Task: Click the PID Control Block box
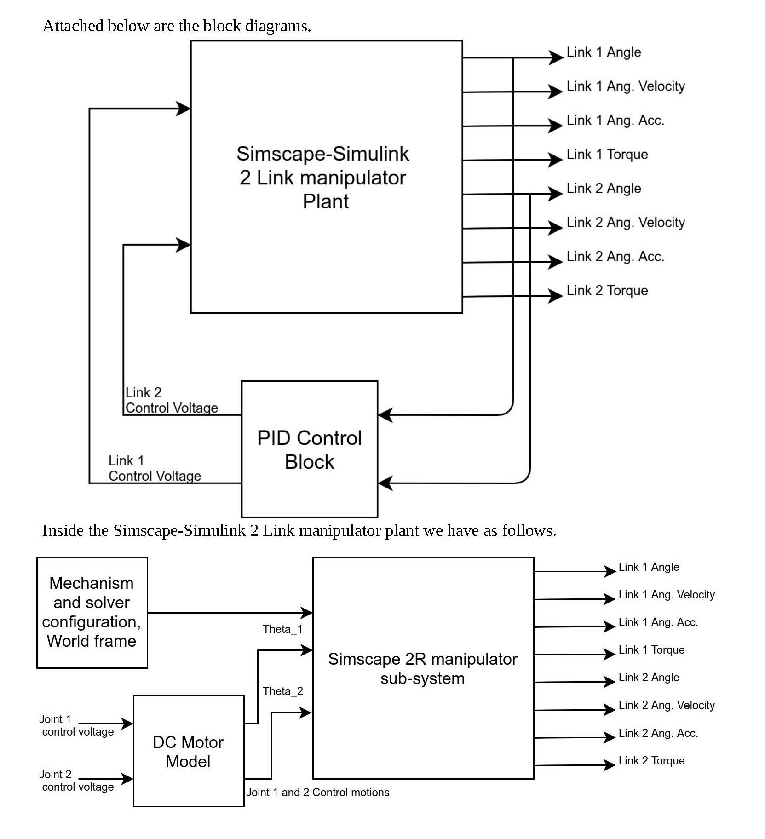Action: point(310,449)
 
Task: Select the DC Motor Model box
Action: point(188,752)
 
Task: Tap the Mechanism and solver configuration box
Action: point(92,612)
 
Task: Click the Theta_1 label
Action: point(282,629)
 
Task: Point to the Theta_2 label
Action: point(282,691)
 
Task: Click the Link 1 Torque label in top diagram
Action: point(607,155)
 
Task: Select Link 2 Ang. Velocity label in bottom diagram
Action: point(666,705)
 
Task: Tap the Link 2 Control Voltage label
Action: point(171,400)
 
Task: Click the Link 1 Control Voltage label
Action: point(154,468)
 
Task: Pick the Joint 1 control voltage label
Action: point(77,725)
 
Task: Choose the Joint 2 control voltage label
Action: point(77,781)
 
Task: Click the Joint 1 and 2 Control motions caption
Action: point(317,792)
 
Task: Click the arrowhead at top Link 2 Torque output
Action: point(556,296)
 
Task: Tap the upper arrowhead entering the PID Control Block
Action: point(385,415)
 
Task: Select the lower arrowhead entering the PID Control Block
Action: point(385,483)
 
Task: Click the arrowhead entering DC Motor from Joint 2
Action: point(127,779)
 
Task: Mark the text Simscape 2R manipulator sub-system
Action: point(422,668)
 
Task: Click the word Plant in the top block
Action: point(326,201)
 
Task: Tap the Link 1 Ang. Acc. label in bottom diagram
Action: point(658,622)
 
